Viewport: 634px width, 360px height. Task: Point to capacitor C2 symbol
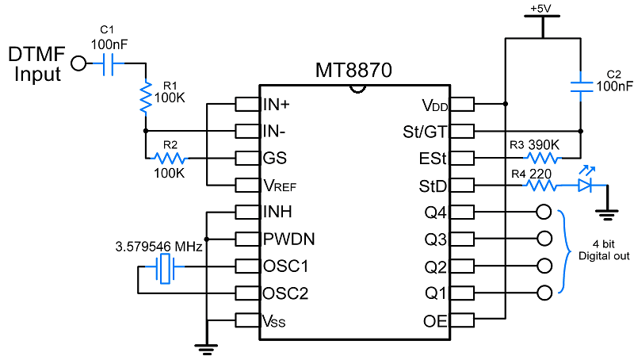[582, 86]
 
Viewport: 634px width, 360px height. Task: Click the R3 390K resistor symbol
[543, 158]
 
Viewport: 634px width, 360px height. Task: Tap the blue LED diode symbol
[584, 185]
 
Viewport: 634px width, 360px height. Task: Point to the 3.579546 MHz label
[158, 247]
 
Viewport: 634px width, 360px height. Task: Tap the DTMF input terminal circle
[78, 64]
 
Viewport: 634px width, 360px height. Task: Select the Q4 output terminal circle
[543, 213]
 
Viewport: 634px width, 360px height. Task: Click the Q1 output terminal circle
[543, 293]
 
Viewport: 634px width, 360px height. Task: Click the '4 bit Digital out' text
[605, 250]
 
